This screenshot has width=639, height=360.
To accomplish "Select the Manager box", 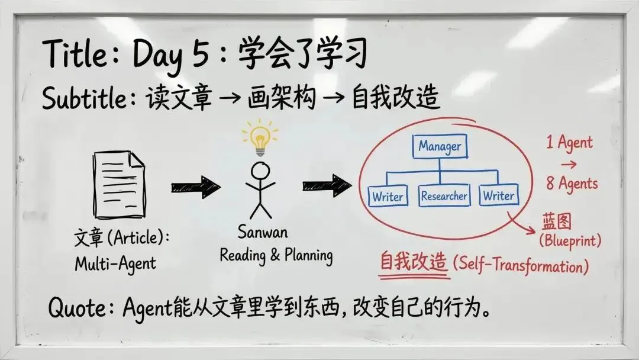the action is [x=440, y=146].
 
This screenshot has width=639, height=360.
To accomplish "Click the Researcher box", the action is [x=444, y=196].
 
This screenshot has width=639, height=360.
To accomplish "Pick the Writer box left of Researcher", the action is [x=388, y=197].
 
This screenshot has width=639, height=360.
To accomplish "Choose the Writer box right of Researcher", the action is [x=499, y=195].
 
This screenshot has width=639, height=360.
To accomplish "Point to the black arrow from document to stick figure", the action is [x=195, y=187].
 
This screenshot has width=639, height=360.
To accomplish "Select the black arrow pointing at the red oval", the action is [x=326, y=185].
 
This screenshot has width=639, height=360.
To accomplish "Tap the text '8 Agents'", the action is [x=572, y=184].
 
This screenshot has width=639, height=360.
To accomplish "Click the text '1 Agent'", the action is [x=569, y=142].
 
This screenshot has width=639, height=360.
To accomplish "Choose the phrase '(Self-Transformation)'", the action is [x=521, y=265].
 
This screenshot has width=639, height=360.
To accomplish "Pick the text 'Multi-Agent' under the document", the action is [x=116, y=264].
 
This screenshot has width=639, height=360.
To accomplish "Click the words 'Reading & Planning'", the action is [x=276, y=255].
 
